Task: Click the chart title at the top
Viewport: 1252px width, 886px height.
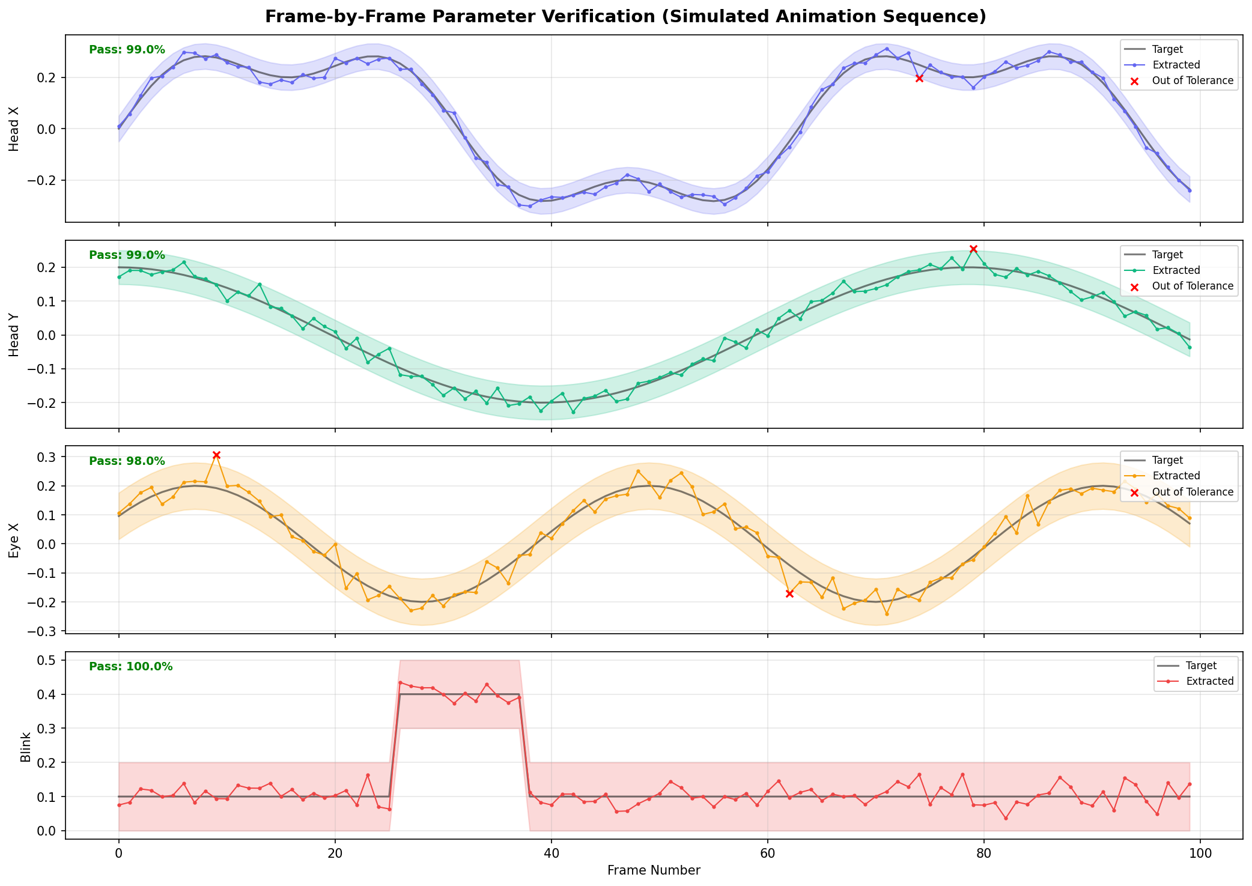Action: (x=625, y=17)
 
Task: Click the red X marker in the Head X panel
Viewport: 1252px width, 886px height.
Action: (x=919, y=78)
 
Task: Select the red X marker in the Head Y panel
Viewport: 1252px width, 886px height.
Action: (x=973, y=249)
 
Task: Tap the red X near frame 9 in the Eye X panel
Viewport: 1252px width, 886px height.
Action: (x=216, y=455)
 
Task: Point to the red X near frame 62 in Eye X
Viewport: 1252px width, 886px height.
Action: (x=789, y=593)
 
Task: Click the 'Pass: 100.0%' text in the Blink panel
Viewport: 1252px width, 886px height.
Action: (x=130, y=667)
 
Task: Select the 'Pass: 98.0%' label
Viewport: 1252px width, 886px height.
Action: (x=127, y=461)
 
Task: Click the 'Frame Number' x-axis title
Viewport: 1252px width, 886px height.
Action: (x=654, y=870)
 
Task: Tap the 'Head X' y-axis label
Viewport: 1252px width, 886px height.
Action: (x=14, y=129)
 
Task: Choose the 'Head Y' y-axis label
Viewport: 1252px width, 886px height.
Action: (x=14, y=334)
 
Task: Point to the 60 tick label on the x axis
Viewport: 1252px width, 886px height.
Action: (x=767, y=853)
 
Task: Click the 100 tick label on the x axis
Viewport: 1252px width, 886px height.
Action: (x=1200, y=853)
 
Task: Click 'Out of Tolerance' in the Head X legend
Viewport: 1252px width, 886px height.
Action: (x=1193, y=80)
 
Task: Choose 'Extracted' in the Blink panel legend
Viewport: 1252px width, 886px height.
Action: (x=1210, y=681)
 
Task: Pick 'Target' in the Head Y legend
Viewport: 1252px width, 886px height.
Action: (x=1166, y=255)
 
